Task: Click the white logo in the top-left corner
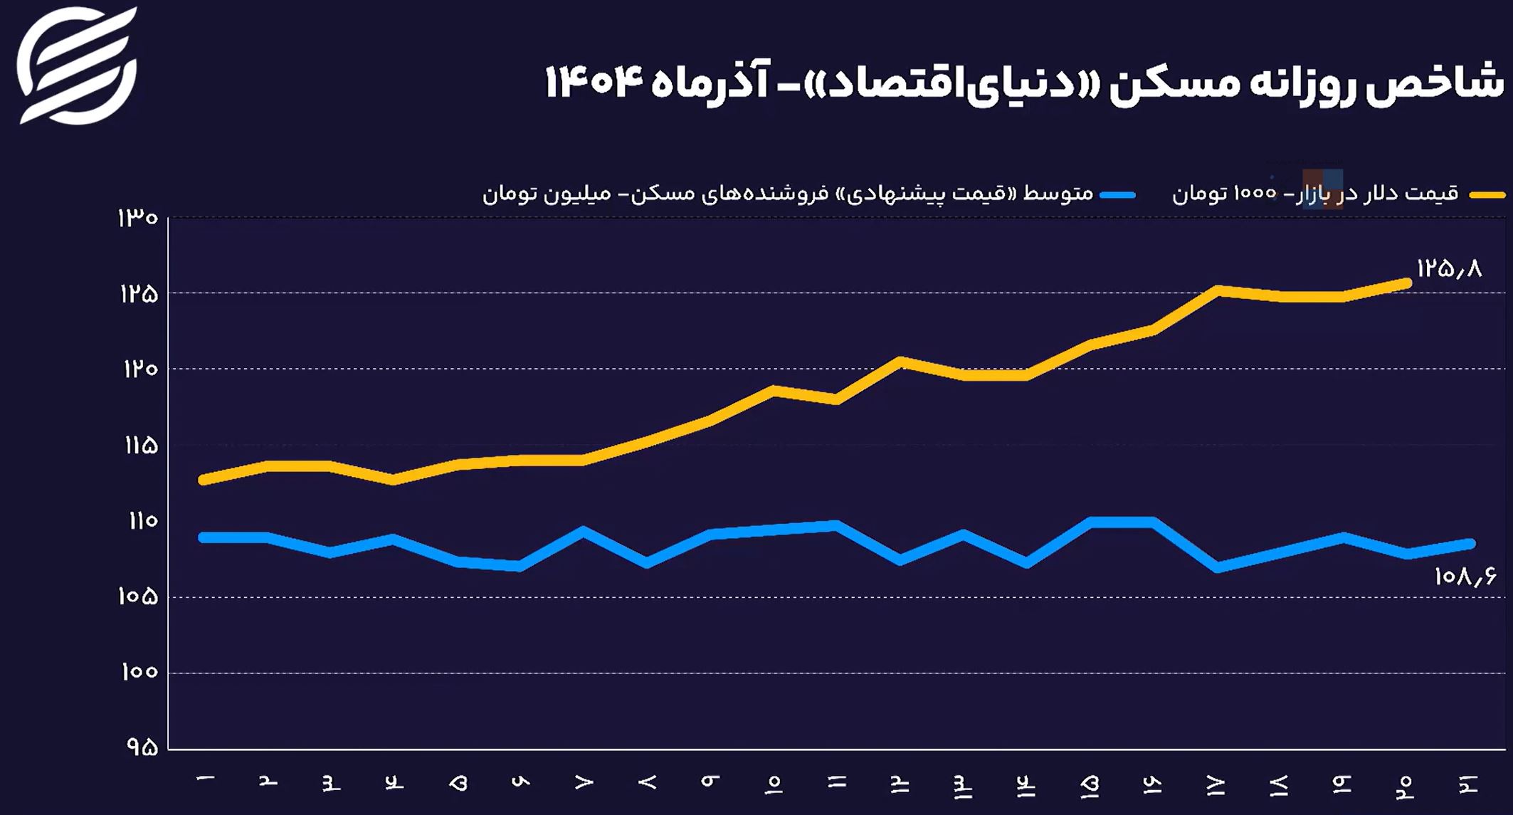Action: (x=76, y=65)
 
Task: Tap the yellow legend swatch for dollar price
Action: (x=1487, y=194)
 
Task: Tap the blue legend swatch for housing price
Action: (x=1117, y=194)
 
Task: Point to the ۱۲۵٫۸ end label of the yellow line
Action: (x=1448, y=268)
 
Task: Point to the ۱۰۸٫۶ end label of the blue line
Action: (x=1464, y=576)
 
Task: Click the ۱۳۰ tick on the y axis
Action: (x=138, y=218)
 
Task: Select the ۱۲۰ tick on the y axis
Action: (x=140, y=369)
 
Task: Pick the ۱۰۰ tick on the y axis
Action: (x=139, y=672)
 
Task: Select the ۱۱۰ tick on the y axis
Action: (x=142, y=521)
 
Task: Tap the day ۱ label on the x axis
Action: (x=206, y=781)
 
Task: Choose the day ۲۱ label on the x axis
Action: (x=1469, y=784)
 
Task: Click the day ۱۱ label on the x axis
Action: (x=837, y=782)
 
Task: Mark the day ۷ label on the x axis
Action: (x=584, y=782)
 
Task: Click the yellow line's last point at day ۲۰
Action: (x=1406, y=283)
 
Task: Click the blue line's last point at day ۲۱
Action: (x=1470, y=544)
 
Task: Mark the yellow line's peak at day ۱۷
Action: (x=1218, y=290)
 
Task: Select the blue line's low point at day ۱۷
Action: (x=1218, y=567)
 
